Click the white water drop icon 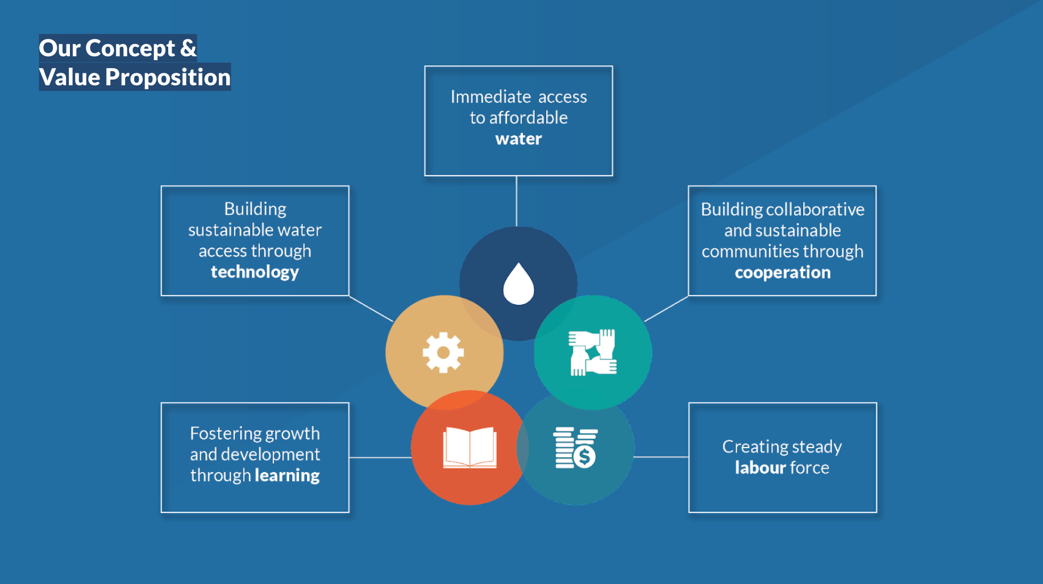518,284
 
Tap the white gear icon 443,353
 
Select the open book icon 469,448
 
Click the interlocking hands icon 592,353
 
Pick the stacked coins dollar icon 575,448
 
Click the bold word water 518,139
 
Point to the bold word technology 255,272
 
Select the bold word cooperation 782,272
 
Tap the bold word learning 287,475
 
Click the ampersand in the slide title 188,48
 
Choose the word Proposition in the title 168,77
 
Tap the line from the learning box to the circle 380,457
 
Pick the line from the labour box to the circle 661,457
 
